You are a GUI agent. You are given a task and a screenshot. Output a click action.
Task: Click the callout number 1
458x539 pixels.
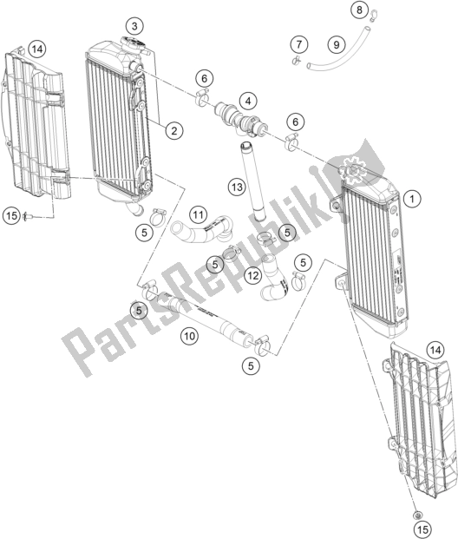pos(412,199)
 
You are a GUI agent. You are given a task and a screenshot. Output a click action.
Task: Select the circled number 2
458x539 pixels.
pos(174,130)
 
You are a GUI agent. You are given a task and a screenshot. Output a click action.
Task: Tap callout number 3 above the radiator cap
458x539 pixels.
pos(134,26)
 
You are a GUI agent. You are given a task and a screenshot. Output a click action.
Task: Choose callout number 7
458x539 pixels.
pos(299,44)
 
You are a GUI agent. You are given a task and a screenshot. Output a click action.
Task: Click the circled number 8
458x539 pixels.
pos(359,10)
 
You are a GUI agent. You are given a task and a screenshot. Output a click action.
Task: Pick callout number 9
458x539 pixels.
pos(337,44)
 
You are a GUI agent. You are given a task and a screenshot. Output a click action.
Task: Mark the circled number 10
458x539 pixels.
pos(190,336)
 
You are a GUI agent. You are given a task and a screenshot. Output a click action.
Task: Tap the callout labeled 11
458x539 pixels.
pos(198,215)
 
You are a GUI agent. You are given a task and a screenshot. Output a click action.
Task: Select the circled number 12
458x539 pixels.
pos(253,275)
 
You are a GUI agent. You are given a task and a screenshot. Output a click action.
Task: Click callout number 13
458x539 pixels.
pos(237,187)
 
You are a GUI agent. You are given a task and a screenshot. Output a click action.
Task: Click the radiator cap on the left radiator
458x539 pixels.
pos(134,43)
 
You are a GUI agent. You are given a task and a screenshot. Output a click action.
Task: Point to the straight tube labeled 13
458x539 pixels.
pos(253,181)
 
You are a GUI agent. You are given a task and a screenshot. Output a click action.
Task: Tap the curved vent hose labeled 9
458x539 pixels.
pos(339,49)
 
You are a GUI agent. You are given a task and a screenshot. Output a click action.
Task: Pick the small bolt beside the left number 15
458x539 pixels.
pos(27,217)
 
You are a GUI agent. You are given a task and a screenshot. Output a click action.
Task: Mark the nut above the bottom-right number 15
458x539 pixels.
pos(417,515)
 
